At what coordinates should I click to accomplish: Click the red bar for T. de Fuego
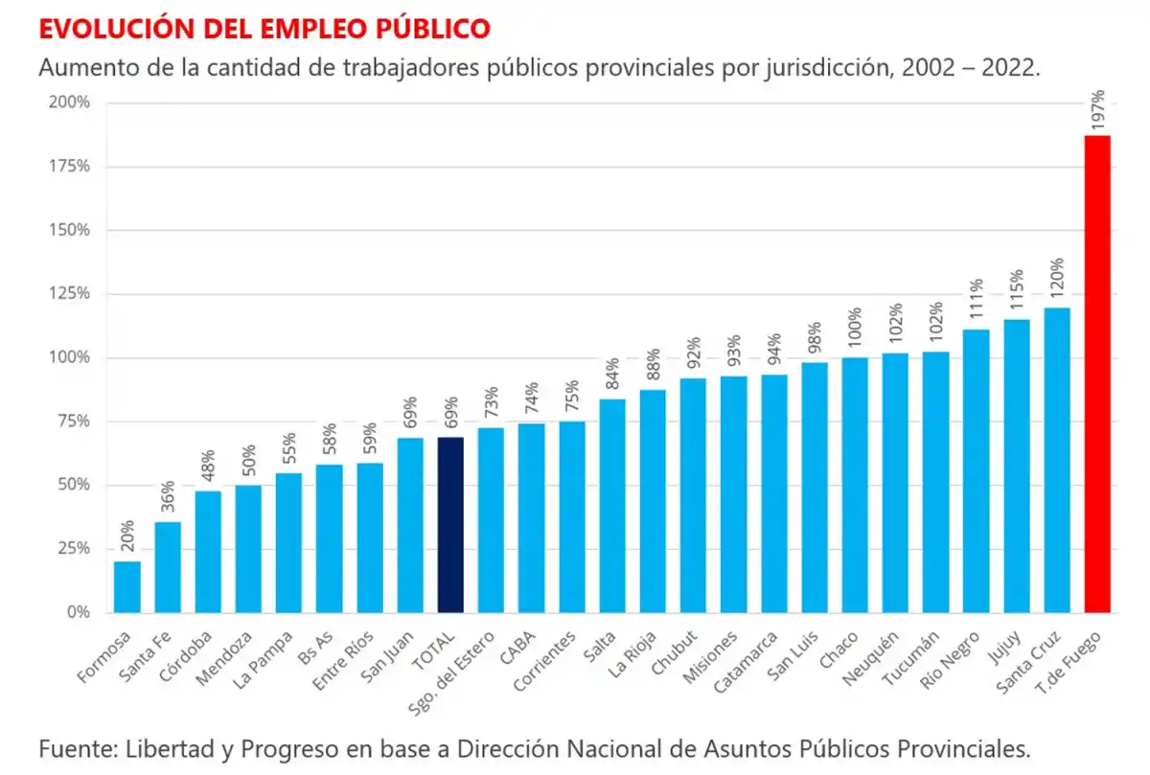pyautogui.click(x=1097, y=374)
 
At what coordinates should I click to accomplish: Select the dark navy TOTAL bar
pyautogui.click(x=450, y=525)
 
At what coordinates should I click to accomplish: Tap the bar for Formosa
pyautogui.click(x=126, y=586)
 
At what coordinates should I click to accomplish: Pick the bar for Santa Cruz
pyautogui.click(x=1057, y=460)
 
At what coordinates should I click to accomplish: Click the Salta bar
pyautogui.click(x=612, y=505)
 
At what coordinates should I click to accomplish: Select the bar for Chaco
pyautogui.click(x=855, y=485)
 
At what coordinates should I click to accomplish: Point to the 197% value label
pyautogui.click(x=1098, y=109)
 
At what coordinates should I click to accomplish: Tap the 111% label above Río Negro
pyautogui.click(x=977, y=299)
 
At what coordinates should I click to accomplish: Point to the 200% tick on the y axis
pyautogui.click(x=70, y=103)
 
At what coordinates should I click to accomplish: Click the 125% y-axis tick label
pyautogui.click(x=70, y=294)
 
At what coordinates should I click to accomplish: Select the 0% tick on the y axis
pyautogui.click(x=78, y=612)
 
